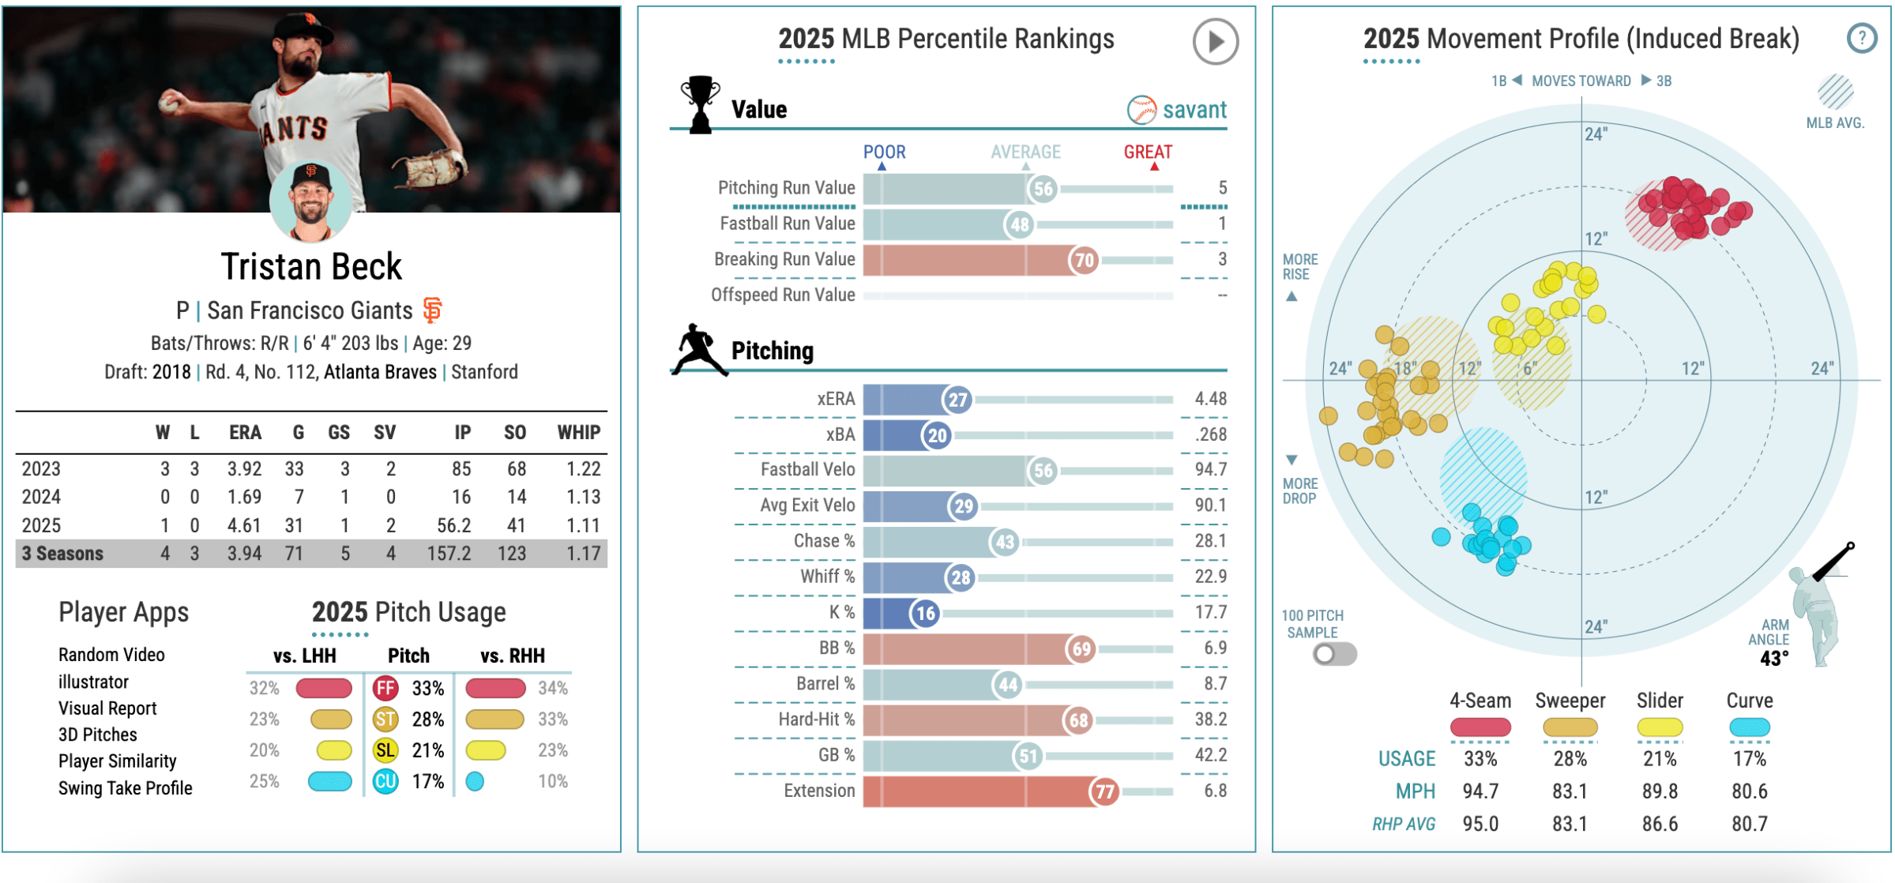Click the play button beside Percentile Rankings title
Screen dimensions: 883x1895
point(1214,41)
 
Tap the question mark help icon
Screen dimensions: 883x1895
point(1862,38)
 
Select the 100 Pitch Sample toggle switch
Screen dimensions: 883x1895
point(1334,654)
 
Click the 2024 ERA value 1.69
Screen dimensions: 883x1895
point(244,497)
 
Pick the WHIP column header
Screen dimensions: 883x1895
point(578,432)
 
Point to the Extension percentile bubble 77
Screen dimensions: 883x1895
point(1104,791)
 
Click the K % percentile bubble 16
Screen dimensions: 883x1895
point(925,613)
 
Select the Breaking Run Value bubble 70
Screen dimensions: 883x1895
point(1085,260)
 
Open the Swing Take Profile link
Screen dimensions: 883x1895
point(125,788)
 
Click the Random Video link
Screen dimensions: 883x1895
point(111,655)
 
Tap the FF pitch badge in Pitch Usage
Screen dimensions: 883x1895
point(385,688)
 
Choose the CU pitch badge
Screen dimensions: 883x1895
point(385,781)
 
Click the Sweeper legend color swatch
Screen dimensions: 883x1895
point(1570,727)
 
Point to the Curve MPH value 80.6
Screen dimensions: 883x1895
point(1749,791)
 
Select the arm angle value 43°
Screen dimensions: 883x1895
point(1773,659)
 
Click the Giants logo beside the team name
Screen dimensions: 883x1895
point(432,310)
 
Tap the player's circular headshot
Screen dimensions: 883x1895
point(310,201)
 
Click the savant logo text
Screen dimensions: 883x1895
point(1194,110)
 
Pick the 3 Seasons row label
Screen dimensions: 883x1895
point(62,554)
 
